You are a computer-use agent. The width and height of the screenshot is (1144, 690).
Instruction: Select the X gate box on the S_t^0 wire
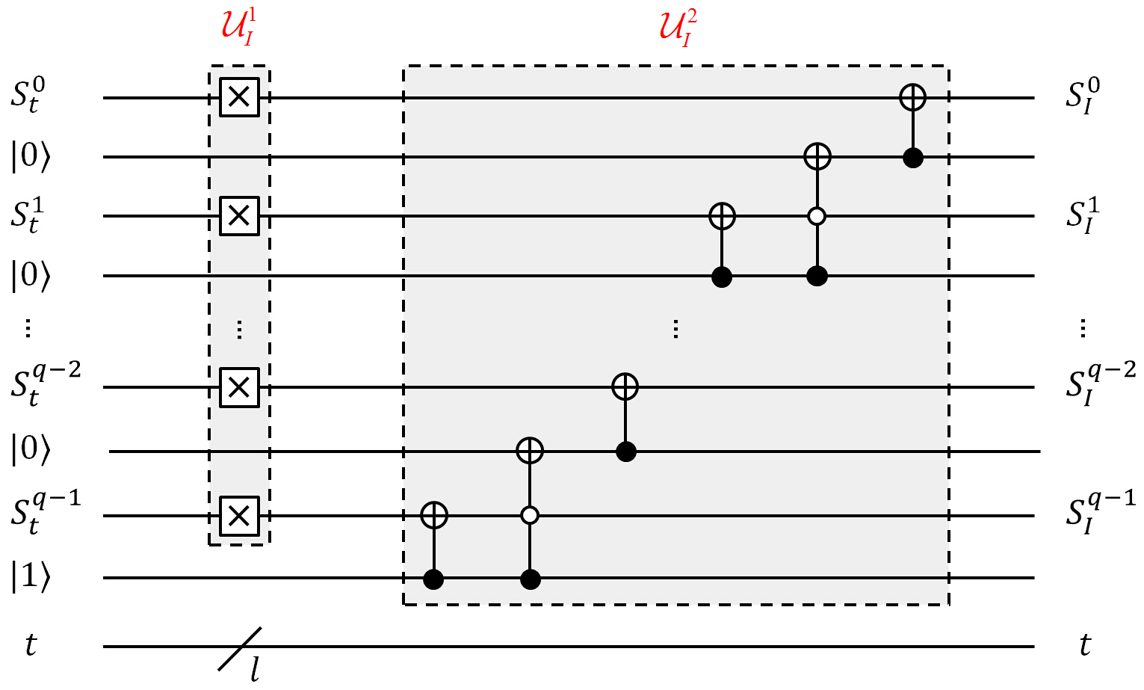click(x=239, y=96)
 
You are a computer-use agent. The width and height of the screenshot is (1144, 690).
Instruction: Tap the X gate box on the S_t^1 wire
click(x=239, y=216)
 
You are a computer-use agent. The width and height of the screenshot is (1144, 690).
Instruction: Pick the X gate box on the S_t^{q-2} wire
click(x=239, y=387)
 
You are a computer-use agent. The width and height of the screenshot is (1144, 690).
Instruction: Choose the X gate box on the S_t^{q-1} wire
click(x=239, y=516)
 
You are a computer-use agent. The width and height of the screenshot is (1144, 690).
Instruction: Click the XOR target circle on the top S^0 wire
click(x=912, y=96)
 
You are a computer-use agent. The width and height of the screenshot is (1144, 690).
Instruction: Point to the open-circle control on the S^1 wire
click(x=817, y=217)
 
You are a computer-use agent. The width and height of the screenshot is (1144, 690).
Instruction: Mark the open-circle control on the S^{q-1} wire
click(x=530, y=516)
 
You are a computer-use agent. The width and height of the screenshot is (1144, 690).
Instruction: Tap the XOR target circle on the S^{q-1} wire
click(x=434, y=515)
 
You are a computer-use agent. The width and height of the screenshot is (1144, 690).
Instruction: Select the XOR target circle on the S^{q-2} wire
click(x=625, y=386)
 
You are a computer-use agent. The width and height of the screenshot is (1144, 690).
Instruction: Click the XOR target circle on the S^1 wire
click(x=721, y=216)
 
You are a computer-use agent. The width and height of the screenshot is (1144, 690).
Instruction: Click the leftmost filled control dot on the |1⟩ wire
click(x=434, y=579)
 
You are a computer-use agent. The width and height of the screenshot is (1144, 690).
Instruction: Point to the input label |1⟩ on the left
click(x=31, y=578)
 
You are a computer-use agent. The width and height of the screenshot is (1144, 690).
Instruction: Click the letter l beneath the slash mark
click(x=256, y=670)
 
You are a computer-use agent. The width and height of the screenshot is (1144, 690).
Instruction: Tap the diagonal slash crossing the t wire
click(x=240, y=647)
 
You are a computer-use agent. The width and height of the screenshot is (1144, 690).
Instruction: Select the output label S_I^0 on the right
click(x=1083, y=97)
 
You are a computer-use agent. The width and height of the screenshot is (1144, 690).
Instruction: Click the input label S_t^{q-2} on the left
click(x=45, y=384)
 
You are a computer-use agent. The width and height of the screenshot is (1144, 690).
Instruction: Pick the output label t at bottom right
click(x=1085, y=644)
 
